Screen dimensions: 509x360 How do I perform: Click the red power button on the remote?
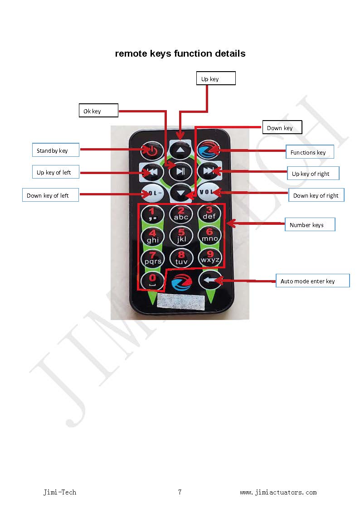point(152,151)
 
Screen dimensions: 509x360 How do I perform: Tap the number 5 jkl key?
point(181,236)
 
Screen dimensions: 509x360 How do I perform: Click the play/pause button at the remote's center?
point(180,171)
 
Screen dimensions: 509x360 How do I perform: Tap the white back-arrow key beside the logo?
point(209,281)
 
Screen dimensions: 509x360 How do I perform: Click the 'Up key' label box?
point(215,78)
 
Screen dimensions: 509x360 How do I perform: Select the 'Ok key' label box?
point(98,111)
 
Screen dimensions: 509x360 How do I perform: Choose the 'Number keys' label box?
point(310,225)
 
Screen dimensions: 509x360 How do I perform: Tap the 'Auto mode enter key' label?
point(312,281)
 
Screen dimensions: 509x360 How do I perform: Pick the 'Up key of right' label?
point(313,174)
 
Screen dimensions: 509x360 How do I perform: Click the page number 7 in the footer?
point(180,492)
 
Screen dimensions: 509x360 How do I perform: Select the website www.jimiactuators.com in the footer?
point(278,492)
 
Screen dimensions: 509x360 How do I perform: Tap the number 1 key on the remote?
point(153,213)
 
